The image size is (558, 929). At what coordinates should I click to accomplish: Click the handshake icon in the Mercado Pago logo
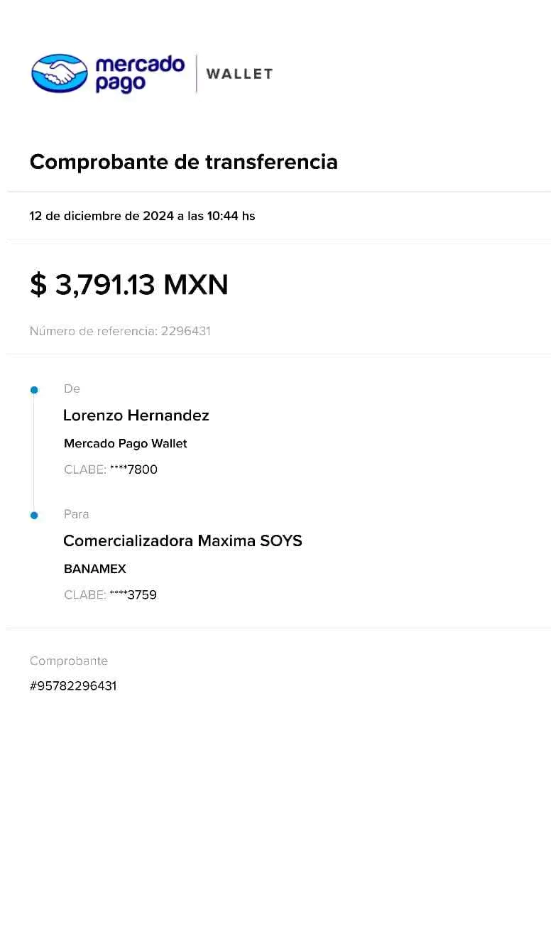(59, 73)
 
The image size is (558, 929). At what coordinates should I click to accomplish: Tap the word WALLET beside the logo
(239, 74)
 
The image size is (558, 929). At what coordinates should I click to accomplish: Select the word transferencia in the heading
(272, 162)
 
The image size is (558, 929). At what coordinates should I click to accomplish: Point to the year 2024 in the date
(158, 216)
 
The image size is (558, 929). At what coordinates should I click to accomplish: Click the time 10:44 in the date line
(223, 216)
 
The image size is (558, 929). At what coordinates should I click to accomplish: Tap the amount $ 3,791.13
(92, 285)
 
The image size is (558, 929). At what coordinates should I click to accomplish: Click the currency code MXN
(196, 285)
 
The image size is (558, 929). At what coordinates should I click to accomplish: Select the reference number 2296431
(185, 331)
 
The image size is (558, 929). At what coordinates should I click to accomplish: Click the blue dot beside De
(33, 390)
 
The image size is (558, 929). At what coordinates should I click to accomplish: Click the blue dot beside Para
(33, 516)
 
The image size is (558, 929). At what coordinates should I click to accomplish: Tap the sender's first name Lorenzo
(94, 415)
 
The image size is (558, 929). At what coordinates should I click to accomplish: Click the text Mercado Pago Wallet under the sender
(125, 444)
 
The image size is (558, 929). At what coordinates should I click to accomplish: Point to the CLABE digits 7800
(142, 469)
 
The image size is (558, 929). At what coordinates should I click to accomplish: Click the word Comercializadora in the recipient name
(128, 541)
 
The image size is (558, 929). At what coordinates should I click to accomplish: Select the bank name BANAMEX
(95, 569)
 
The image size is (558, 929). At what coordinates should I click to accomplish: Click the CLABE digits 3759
(142, 595)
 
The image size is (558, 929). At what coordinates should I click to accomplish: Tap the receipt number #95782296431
(74, 686)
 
